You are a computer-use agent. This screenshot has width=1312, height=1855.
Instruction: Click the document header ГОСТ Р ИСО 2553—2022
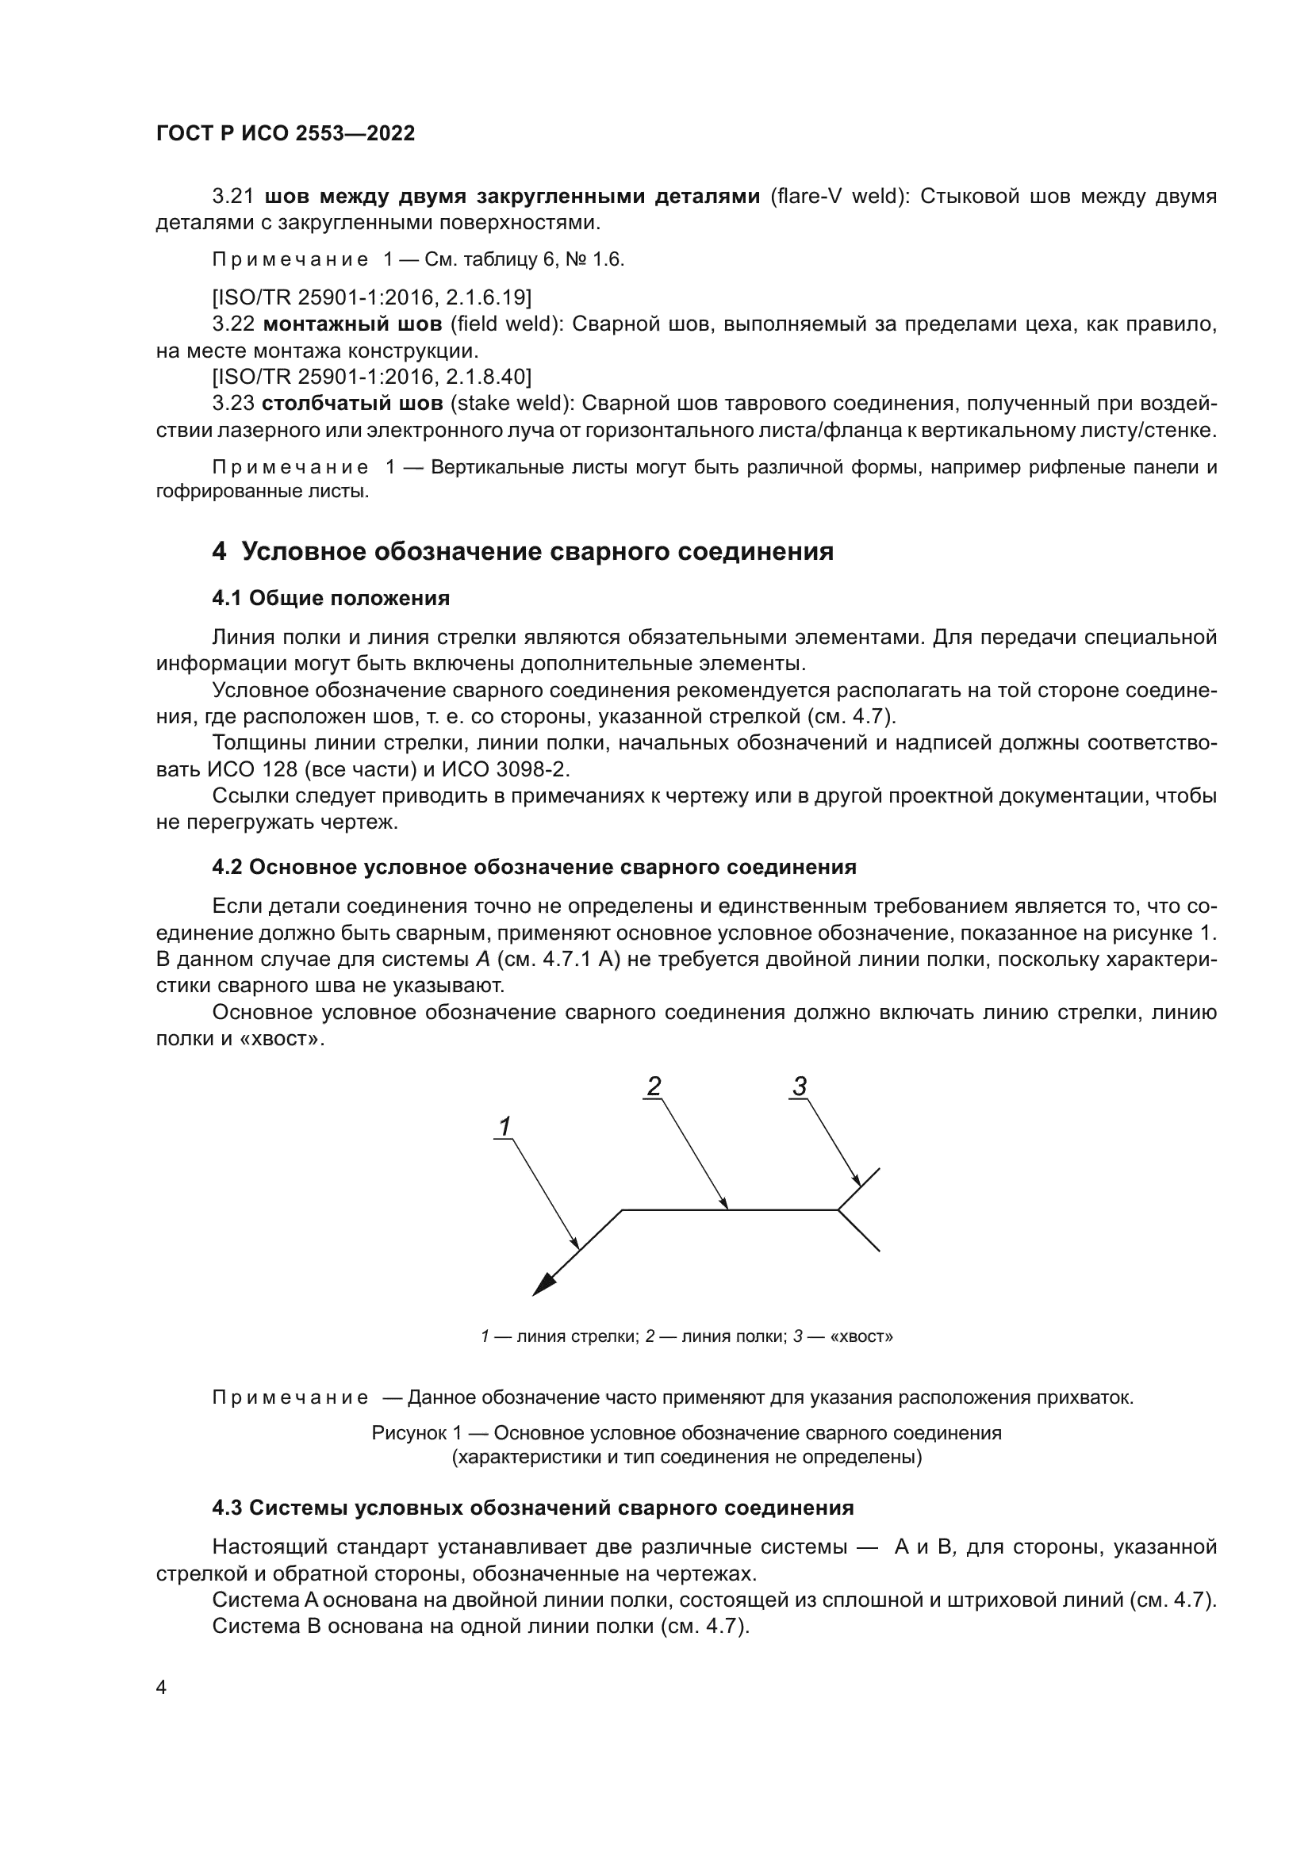point(286,134)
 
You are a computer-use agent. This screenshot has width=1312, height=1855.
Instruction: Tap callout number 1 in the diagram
point(505,1126)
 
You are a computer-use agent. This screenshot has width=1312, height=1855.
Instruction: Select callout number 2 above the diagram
point(654,1087)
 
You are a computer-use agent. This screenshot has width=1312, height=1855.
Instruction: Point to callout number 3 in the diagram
point(799,1087)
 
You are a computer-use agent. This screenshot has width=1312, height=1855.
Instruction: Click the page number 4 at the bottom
point(161,1688)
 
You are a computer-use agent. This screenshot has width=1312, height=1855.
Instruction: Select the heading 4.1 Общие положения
point(331,599)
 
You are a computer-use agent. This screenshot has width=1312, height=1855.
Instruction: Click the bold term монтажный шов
point(352,325)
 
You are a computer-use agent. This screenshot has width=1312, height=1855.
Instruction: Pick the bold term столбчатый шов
point(352,403)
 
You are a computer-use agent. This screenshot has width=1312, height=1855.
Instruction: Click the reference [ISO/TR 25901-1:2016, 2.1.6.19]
point(371,298)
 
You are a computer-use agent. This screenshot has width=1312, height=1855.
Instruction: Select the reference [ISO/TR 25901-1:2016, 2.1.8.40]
point(371,377)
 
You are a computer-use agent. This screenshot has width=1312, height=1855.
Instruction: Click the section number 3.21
point(232,197)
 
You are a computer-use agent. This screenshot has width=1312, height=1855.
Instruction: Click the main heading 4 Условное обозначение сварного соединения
point(523,552)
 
